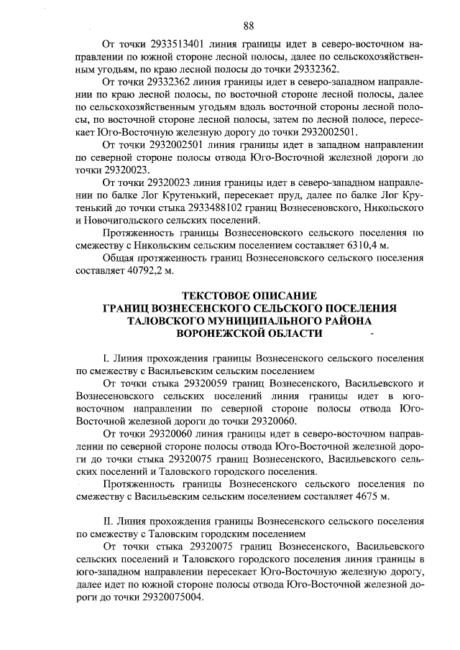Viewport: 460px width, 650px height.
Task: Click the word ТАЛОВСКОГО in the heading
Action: pyautogui.click(x=166, y=321)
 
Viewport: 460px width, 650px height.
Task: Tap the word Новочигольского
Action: pyautogui.click(x=127, y=220)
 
